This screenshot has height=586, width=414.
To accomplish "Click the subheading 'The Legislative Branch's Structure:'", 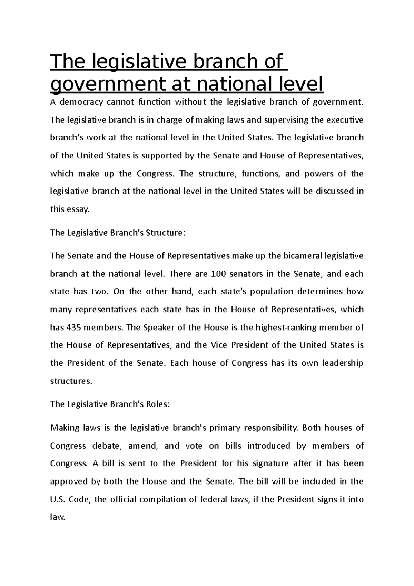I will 118,233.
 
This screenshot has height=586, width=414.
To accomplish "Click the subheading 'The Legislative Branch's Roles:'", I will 110,404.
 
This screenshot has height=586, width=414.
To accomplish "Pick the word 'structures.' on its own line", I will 71,381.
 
